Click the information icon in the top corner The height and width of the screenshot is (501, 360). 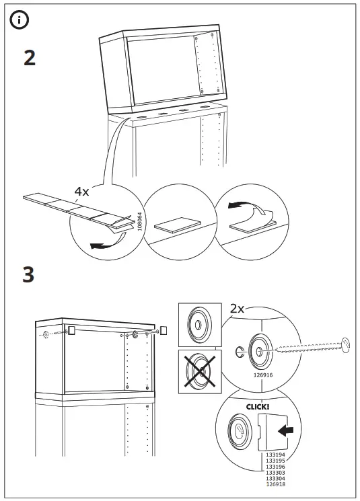19,20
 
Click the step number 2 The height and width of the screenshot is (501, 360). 30,58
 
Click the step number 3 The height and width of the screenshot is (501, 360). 28,275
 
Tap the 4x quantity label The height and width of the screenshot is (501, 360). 81,192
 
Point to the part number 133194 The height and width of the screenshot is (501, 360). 275,455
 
